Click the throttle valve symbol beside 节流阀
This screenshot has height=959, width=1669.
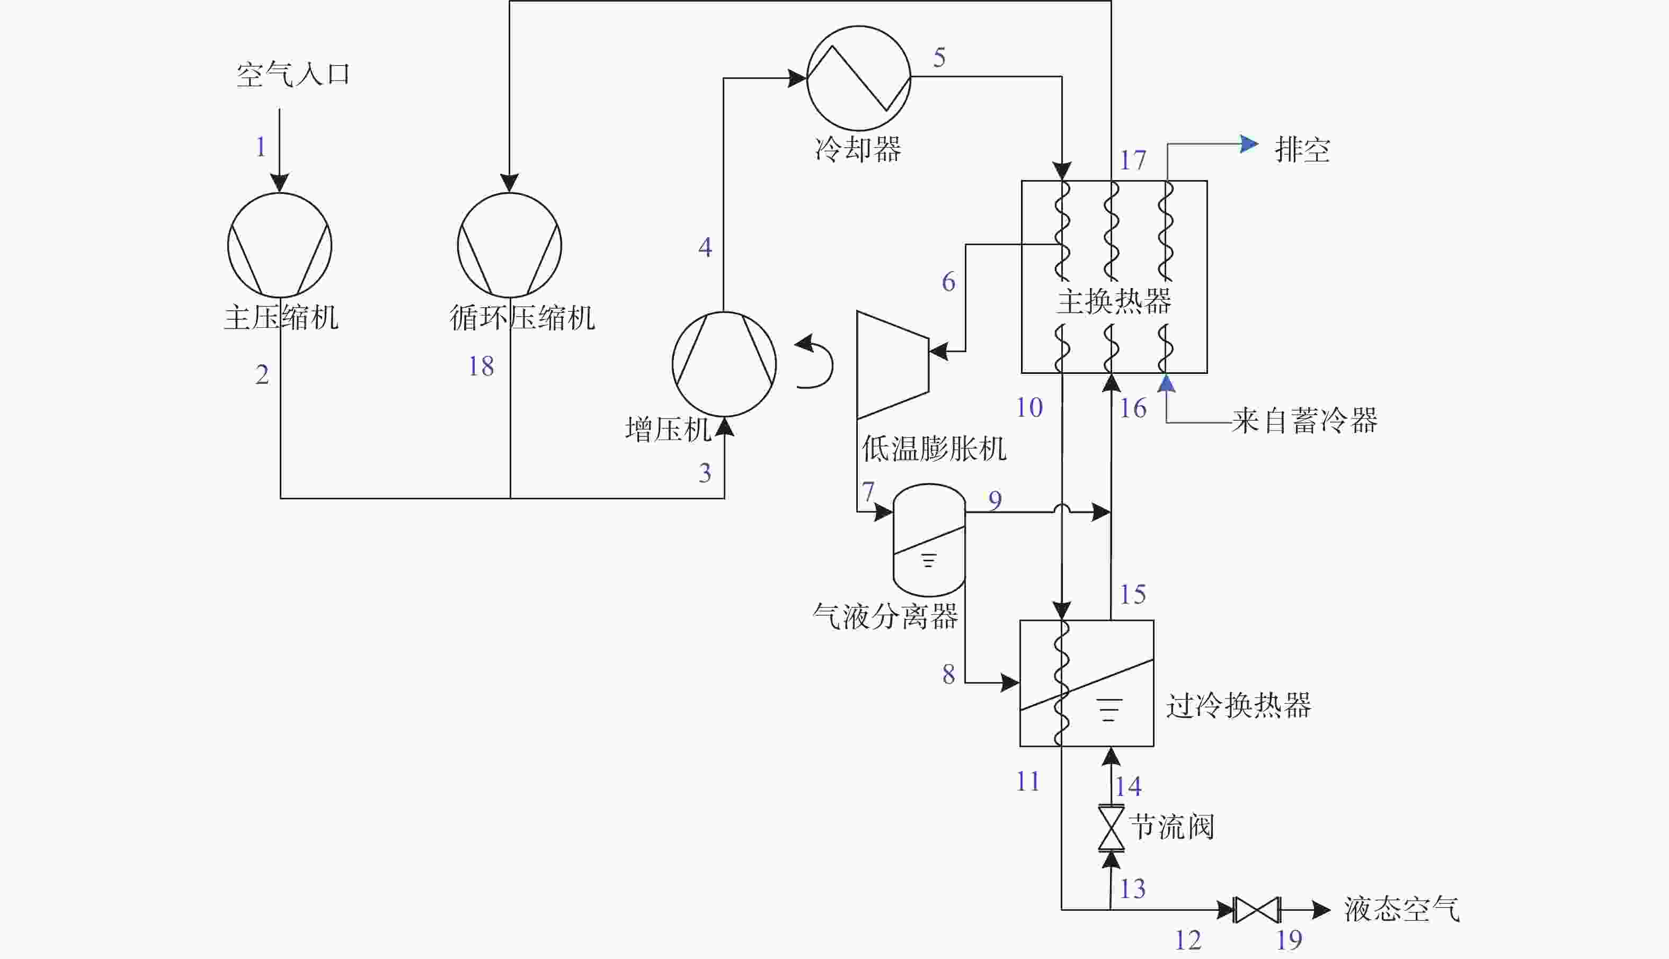tap(1111, 828)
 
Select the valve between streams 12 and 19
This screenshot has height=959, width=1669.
tap(1257, 910)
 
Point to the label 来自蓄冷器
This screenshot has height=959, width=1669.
tap(1304, 420)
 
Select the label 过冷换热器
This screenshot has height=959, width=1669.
tap(1239, 705)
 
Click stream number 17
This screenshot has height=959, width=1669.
tap(1133, 160)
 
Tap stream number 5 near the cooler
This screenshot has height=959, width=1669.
tap(939, 57)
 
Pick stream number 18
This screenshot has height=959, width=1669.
tap(481, 366)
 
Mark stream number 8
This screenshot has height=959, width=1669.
tap(948, 674)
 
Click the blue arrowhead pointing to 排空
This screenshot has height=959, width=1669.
tap(1249, 144)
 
